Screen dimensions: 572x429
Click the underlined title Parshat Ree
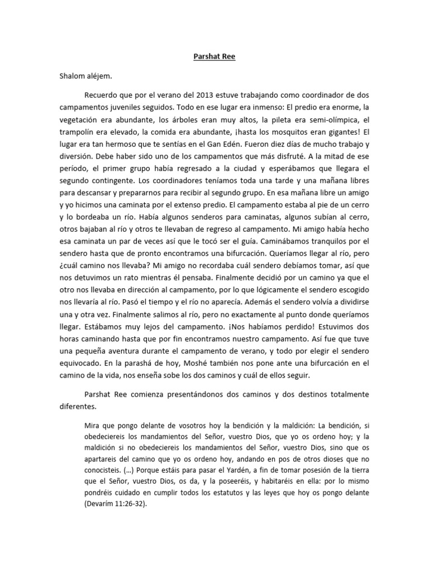tap(214, 56)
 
